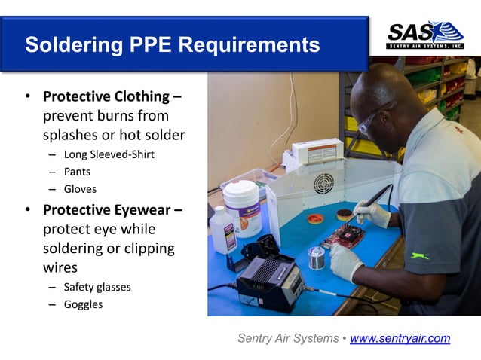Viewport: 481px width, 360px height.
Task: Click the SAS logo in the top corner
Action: click(424, 35)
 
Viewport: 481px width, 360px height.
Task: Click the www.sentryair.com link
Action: click(400, 338)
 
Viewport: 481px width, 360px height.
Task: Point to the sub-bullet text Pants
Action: click(77, 172)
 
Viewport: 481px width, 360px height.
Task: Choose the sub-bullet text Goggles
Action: click(83, 304)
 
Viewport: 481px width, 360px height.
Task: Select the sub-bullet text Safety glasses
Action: click(97, 287)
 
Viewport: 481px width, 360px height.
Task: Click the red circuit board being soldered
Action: click(344, 236)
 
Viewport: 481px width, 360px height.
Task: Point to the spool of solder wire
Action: click(317, 258)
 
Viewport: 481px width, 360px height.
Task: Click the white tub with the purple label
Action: click(241, 207)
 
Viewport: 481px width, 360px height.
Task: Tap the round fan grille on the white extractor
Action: click(324, 183)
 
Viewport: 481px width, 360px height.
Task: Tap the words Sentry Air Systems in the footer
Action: click(288, 338)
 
